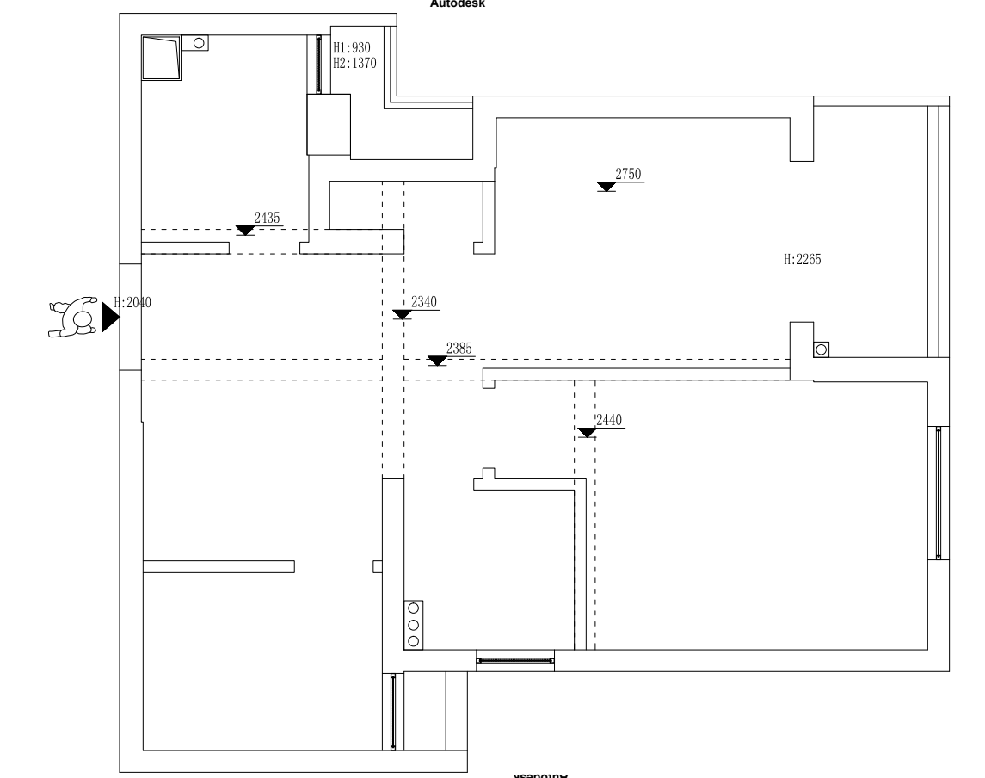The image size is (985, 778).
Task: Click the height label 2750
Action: click(628, 174)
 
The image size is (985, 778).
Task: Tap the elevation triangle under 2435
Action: click(245, 231)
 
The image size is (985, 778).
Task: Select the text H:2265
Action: click(802, 258)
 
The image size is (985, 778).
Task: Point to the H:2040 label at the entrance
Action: click(132, 302)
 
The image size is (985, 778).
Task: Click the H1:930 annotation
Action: click(351, 48)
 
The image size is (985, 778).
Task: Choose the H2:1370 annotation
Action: click(354, 62)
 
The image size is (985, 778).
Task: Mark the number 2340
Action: click(424, 302)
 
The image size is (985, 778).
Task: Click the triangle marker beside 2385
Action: click(437, 361)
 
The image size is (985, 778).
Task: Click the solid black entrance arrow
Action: click(109, 317)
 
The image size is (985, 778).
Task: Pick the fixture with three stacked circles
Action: click(414, 624)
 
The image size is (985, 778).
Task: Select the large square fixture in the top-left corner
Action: click(161, 57)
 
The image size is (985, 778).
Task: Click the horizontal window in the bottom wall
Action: click(514, 661)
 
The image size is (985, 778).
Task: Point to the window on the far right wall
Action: click(939, 492)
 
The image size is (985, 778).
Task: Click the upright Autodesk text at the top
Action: click(464, 3)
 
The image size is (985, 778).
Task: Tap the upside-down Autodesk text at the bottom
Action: click(541, 775)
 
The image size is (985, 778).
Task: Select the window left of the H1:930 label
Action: click(318, 65)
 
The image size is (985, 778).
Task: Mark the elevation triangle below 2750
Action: click(606, 186)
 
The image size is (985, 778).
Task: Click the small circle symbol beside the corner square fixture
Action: click(199, 41)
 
